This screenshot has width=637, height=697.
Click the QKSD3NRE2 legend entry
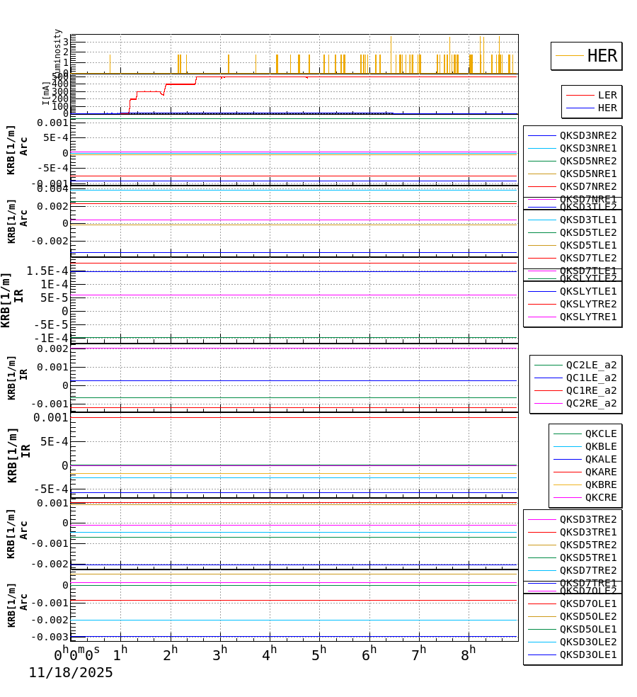coord(587,135)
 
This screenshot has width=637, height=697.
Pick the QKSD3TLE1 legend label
coord(587,220)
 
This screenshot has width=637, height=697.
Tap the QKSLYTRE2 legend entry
coord(587,304)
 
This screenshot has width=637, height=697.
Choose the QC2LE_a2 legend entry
coord(591,365)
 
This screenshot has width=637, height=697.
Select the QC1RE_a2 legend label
coord(591,390)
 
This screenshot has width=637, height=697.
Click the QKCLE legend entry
coord(600,433)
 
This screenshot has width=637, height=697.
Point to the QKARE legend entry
coord(600,472)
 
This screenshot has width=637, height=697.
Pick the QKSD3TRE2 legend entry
coord(587,519)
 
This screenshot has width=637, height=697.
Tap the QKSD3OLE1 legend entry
coord(587,654)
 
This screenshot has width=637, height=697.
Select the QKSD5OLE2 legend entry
coord(587,616)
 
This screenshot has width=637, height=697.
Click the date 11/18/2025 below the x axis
coord(71,673)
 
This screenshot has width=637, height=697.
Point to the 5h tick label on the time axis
coord(319,654)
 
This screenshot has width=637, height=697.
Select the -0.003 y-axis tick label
coord(49,637)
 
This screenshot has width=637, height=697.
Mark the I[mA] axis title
coord(46,93)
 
